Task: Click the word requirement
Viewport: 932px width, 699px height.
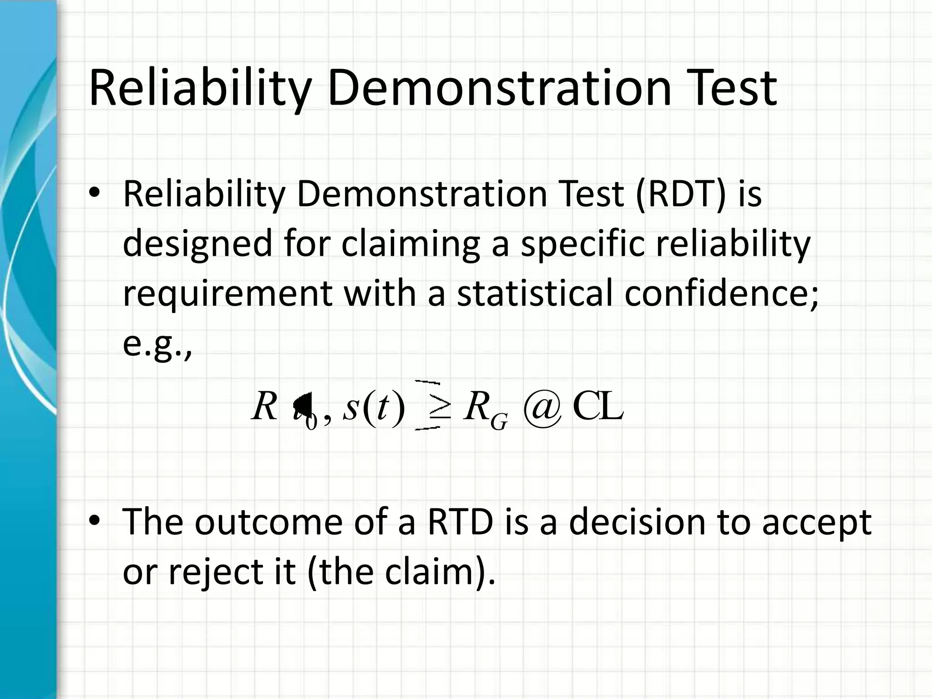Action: [228, 294]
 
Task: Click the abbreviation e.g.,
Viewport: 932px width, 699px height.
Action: [157, 344]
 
